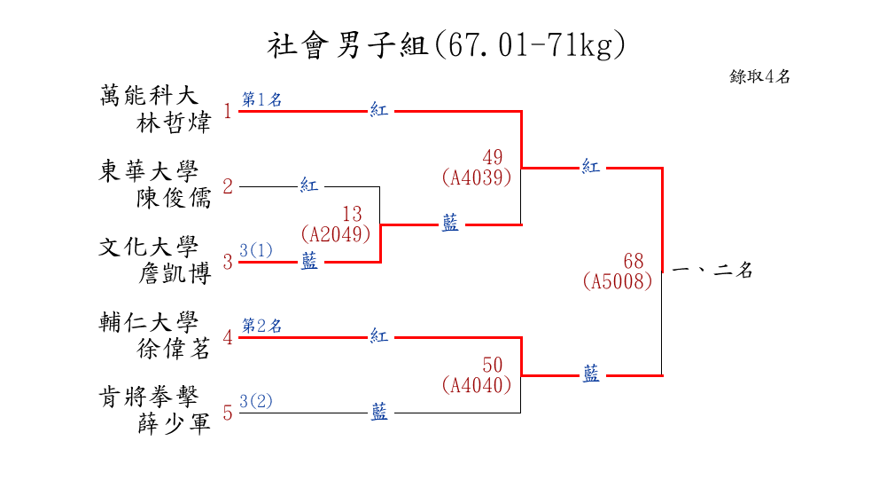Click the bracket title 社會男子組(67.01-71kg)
click(447, 45)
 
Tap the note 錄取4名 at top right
click(759, 76)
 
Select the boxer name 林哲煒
click(174, 122)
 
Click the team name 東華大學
click(148, 171)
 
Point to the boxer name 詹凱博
click(175, 273)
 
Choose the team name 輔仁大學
click(148, 322)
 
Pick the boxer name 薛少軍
click(175, 424)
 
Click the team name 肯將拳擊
click(148, 397)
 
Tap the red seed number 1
click(228, 111)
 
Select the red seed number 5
click(228, 413)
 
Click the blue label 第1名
click(262, 99)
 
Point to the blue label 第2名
click(262, 326)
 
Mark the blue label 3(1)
click(256, 250)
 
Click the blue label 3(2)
click(256, 401)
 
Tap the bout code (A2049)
click(336, 234)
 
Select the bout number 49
click(493, 157)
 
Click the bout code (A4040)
click(477, 385)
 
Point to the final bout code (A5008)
click(618, 281)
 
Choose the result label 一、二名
click(713, 269)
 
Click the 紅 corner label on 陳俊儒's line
click(308, 185)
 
